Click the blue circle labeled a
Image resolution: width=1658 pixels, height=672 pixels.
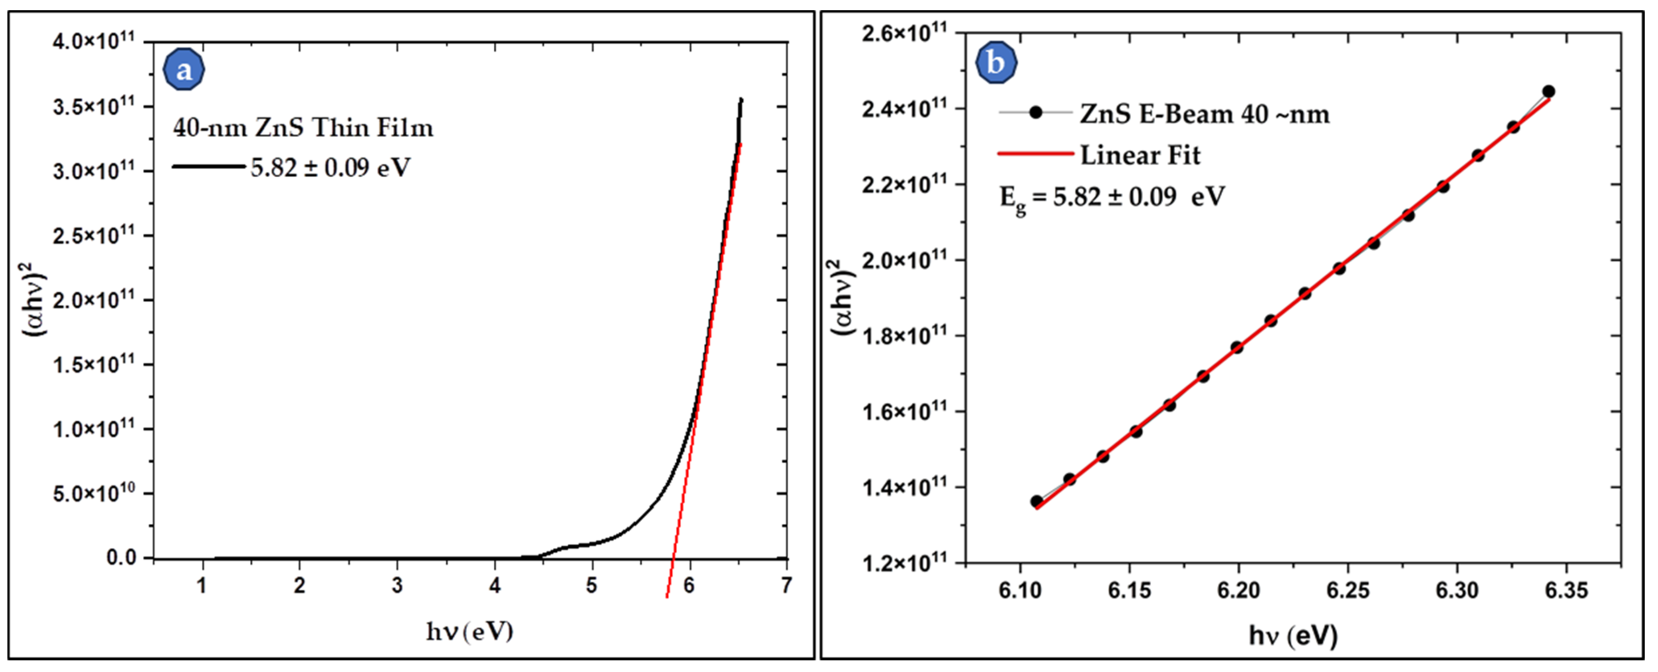[x=184, y=70]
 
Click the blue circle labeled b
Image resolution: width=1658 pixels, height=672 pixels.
[x=996, y=63]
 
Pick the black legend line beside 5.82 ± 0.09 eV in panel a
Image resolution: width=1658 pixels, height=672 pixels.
[x=209, y=167]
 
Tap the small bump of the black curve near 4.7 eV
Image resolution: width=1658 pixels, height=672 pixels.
[x=567, y=547]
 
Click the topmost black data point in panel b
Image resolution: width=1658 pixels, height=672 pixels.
[x=1548, y=91]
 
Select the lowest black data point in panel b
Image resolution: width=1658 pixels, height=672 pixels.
[x=1036, y=501]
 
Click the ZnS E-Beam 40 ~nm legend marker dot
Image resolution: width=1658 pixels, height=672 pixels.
[x=1035, y=113]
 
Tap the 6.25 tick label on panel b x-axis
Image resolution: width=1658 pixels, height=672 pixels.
[x=1348, y=590]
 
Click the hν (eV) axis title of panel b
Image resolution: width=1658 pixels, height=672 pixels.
[x=1293, y=635]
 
